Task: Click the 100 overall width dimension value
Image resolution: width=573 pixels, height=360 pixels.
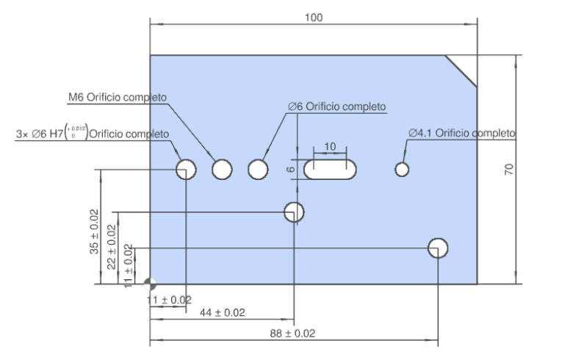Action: pyautogui.click(x=314, y=17)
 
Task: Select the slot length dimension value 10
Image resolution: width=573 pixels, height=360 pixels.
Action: pyautogui.click(x=330, y=146)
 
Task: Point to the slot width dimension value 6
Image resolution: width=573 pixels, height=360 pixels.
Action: pyautogui.click(x=290, y=169)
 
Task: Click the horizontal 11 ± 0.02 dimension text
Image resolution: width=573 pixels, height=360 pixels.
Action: pyautogui.click(x=168, y=300)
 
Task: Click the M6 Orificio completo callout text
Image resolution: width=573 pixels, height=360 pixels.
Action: pyautogui.click(x=118, y=97)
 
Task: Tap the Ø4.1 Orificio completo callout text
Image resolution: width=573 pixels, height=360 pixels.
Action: pyautogui.click(x=462, y=133)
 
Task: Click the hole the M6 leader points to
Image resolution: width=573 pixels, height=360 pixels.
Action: pyautogui.click(x=222, y=170)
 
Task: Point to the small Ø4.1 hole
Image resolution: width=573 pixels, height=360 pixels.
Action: pyautogui.click(x=401, y=170)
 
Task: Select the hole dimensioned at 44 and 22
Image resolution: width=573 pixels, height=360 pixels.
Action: pyautogui.click(x=294, y=212)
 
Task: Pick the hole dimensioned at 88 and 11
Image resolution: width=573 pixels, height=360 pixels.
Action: pyautogui.click(x=439, y=248)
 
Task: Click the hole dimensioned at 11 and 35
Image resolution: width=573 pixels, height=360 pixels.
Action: pyautogui.click(x=186, y=170)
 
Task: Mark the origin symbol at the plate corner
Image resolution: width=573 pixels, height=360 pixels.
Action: pyautogui.click(x=150, y=284)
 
